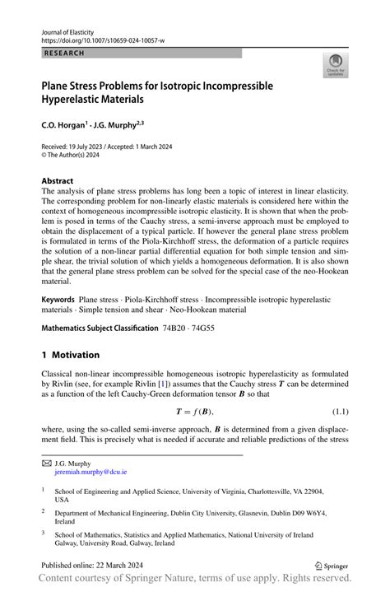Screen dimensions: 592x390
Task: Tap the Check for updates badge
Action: tap(335, 66)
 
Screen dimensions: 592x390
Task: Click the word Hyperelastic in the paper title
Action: tap(79, 100)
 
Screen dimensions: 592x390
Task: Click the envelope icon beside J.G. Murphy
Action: tap(47, 464)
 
